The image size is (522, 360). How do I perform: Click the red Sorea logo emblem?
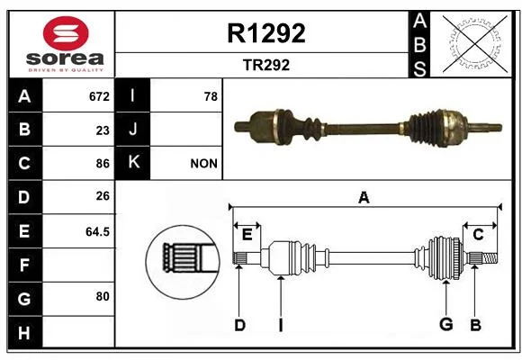click(66, 33)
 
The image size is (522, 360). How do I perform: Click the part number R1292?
click(266, 33)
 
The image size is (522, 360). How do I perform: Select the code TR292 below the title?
click(266, 65)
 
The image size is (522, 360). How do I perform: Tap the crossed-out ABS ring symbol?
click(475, 44)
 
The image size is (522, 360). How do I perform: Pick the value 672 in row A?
click(99, 96)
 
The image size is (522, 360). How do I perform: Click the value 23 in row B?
click(103, 130)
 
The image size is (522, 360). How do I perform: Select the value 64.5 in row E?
click(97, 231)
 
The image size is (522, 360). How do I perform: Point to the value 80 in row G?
click(103, 296)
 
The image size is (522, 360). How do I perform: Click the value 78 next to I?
click(211, 96)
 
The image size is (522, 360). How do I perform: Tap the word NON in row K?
click(203, 164)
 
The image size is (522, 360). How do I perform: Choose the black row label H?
click(25, 332)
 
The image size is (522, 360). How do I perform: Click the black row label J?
click(132, 129)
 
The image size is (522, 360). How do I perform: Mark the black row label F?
click(25, 265)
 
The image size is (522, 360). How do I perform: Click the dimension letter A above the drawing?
click(364, 198)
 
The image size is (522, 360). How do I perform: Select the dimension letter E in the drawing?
click(247, 235)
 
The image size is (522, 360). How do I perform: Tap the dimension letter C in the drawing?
click(478, 235)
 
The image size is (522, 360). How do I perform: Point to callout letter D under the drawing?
click(239, 325)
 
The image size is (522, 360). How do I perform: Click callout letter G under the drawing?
click(446, 324)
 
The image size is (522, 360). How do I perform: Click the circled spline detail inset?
click(183, 262)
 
